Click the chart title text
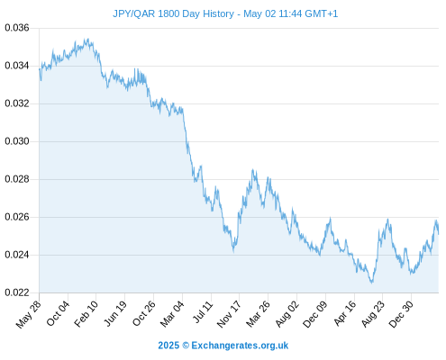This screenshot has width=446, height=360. click(225, 13)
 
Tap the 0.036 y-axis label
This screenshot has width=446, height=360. click(17, 28)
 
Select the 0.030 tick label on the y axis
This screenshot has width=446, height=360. click(17, 141)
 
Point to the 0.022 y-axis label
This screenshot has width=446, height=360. click(17, 292)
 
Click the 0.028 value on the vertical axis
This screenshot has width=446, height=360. click(17, 179)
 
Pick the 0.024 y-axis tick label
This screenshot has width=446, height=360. click(17, 255)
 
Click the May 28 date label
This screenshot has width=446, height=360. click(29, 314)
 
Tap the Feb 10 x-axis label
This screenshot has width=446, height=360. click(86, 313)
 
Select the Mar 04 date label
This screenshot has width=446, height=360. click(172, 313)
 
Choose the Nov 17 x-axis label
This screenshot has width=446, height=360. click(229, 314)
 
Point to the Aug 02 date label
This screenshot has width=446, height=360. click(287, 314)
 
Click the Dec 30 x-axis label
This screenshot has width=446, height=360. click(401, 314)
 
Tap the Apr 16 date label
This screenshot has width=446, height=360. click(345, 313)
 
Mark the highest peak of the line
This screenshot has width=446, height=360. click(87, 39)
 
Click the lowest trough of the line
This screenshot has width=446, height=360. click(372, 283)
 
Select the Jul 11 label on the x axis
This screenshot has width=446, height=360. click(203, 312)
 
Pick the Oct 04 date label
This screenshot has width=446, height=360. click(58, 313)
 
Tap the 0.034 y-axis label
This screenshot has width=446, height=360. click(17, 66)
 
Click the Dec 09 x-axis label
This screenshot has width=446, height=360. click(315, 314)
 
